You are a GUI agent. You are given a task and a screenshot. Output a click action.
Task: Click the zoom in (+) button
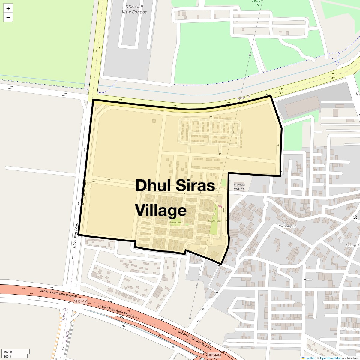[8, 9]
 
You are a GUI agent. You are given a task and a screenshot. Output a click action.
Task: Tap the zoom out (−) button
[8, 18]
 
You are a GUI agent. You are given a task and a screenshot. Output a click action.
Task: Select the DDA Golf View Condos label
[134, 9]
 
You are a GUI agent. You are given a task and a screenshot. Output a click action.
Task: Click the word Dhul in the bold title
[153, 185]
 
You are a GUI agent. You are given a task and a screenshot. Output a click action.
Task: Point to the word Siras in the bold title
[195, 185]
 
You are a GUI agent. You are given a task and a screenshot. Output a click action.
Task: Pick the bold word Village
[161, 210]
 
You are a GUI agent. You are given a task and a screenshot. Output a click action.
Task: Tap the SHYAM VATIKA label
[239, 187]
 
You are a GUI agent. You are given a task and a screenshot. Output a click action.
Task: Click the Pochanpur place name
[287, 226]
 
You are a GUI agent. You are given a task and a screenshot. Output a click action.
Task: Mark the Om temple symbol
[355, 217]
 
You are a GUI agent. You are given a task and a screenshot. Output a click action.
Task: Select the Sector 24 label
[64, 314]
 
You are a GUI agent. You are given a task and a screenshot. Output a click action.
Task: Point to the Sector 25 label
[67, 337]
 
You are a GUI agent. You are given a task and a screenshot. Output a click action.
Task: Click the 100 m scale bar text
[8, 352]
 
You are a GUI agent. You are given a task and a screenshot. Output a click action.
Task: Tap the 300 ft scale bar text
[7, 356]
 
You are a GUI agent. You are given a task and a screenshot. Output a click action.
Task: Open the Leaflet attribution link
[310, 358]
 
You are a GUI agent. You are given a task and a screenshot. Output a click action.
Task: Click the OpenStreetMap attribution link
[331, 358]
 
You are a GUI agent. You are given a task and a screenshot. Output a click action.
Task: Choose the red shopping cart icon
[220, 206]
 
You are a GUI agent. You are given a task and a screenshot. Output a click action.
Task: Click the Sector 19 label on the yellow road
[243, 98]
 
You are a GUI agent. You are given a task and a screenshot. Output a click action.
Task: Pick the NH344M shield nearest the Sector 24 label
[80, 301]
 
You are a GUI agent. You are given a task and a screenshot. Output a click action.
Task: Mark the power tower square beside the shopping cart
[214, 209]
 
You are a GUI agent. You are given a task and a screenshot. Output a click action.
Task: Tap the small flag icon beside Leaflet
[303, 358]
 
